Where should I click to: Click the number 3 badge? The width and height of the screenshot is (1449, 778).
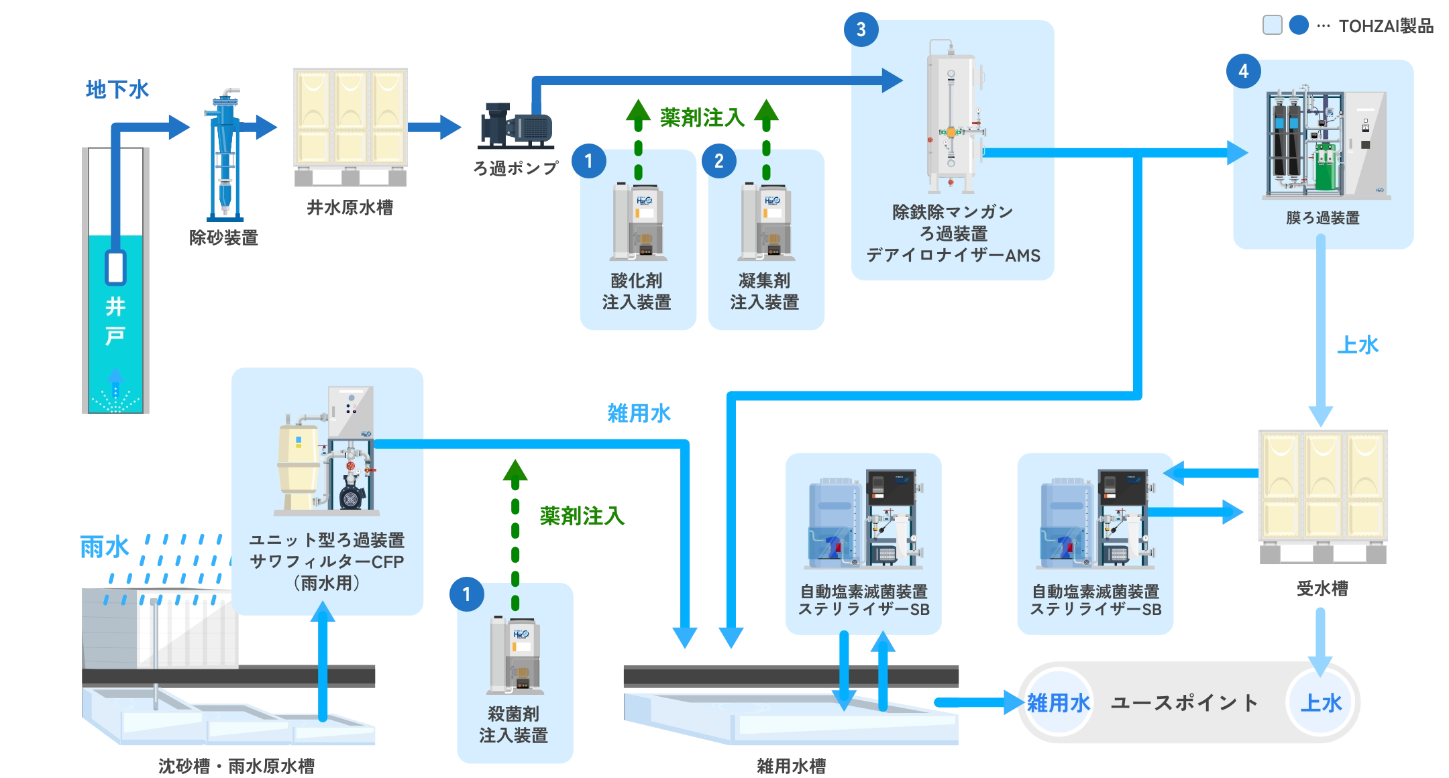pyautogui.click(x=861, y=29)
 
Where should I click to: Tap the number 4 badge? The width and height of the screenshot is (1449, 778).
pyautogui.click(x=1243, y=71)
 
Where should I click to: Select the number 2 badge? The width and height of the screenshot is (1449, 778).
pyautogui.click(x=718, y=161)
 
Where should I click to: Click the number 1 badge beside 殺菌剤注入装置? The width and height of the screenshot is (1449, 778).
pyautogui.click(x=466, y=594)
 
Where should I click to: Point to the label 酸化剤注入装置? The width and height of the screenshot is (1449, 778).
pyautogui.click(x=637, y=291)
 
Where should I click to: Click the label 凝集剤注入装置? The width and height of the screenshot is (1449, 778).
pyautogui.click(x=765, y=291)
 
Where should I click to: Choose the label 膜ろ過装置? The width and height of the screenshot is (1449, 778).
pyautogui.click(x=1322, y=218)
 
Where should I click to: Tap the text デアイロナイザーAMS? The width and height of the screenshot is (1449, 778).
pyautogui.click(x=953, y=256)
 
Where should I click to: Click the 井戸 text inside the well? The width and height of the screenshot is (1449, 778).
pyautogui.click(x=115, y=321)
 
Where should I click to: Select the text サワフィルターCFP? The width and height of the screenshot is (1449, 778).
pyautogui.click(x=327, y=561)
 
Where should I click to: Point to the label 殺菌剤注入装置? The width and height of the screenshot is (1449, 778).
pyautogui.click(x=514, y=724)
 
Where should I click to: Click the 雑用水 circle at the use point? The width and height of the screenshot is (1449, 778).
pyautogui.click(x=1059, y=702)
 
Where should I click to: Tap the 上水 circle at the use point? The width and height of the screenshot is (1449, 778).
pyautogui.click(x=1321, y=702)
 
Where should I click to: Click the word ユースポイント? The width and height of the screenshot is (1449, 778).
pyautogui.click(x=1185, y=702)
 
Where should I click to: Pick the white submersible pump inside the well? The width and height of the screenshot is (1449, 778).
pyautogui.click(x=115, y=267)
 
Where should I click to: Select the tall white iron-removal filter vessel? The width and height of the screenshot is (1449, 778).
pyautogui.click(x=951, y=117)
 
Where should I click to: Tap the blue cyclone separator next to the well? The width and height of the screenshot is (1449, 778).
pyautogui.click(x=225, y=158)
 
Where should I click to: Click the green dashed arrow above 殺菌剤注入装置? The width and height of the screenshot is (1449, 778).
pyautogui.click(x=515, y=530)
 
